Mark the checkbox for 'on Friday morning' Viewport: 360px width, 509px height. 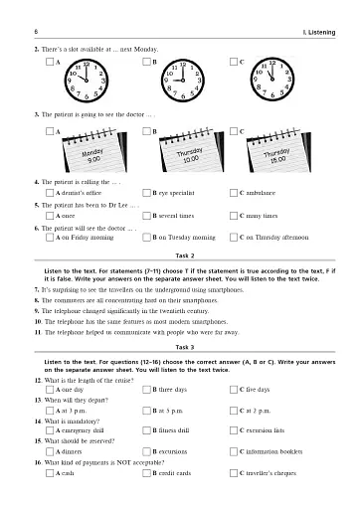pos(51,239)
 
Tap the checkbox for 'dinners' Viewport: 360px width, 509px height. pos(51,454)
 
